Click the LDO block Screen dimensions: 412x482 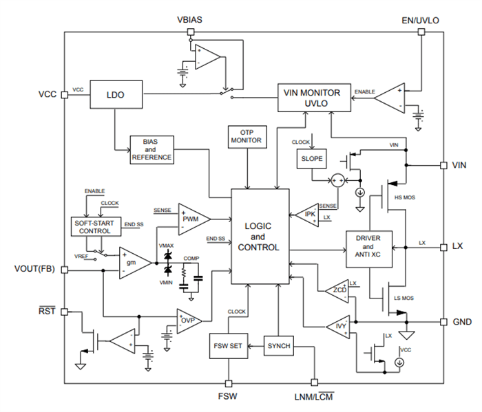[116, 96]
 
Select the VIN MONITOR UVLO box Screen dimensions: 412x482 [313, 98]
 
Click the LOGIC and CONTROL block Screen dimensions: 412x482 [260, 237]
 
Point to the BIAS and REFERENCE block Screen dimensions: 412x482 [151, 149]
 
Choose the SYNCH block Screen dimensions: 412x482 [278, 345]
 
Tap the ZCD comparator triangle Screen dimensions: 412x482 [337, 292]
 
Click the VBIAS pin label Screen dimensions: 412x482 [189, 21]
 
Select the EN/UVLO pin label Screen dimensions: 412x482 [419, 21]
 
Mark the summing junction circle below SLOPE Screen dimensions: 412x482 [337, 180]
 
